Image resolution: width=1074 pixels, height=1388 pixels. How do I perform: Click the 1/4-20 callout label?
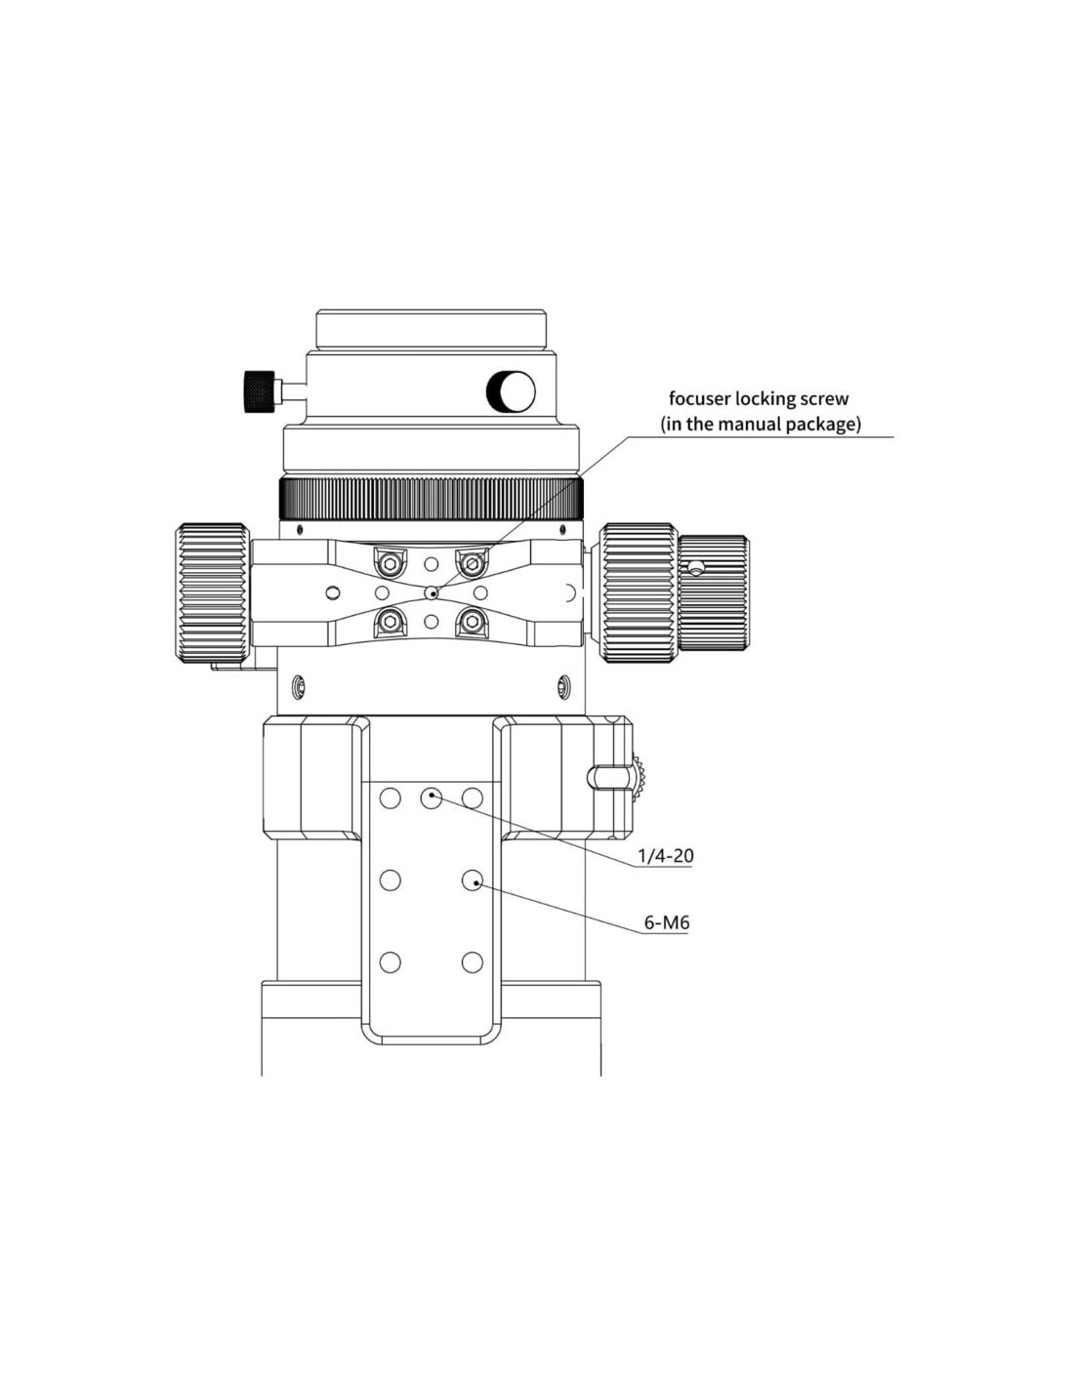(665, 856)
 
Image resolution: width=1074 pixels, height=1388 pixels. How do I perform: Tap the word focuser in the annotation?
(699, 398)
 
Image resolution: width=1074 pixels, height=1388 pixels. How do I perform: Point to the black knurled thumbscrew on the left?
(259, 390)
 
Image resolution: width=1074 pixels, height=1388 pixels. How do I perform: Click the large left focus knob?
(212, 592)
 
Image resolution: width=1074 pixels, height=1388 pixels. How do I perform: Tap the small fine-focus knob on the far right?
(714, 592)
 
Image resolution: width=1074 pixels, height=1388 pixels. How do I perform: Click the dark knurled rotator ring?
(431, 499)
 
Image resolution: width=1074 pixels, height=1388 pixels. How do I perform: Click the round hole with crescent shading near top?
(511, 391)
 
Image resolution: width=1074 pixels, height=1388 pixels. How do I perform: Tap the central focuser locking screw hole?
(432, 593)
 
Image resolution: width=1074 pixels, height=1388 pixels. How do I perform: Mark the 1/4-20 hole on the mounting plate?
(432, 797)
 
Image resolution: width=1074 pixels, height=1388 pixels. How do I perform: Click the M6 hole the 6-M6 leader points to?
(473, 880)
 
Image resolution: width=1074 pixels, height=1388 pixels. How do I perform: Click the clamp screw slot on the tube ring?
(607, 776)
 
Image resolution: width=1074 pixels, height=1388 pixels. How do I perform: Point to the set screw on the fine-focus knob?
(695, 566)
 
